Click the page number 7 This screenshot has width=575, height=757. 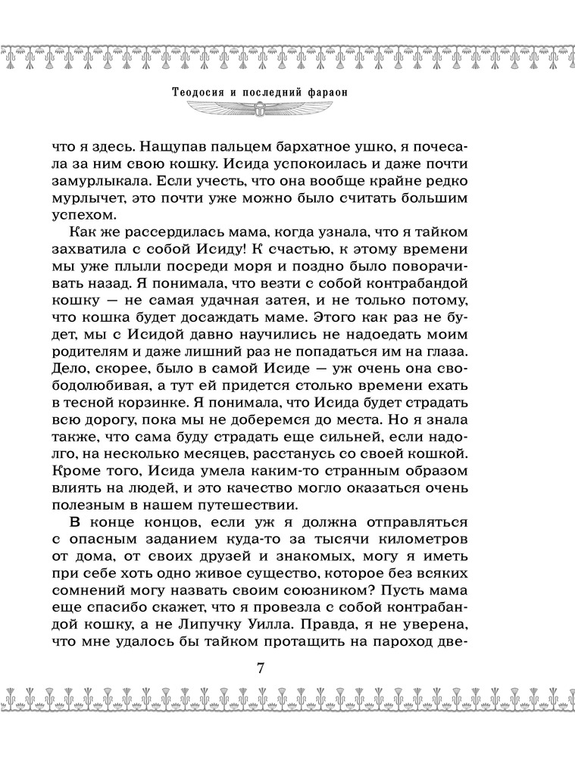pyautogui.click(x=260, y=670)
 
